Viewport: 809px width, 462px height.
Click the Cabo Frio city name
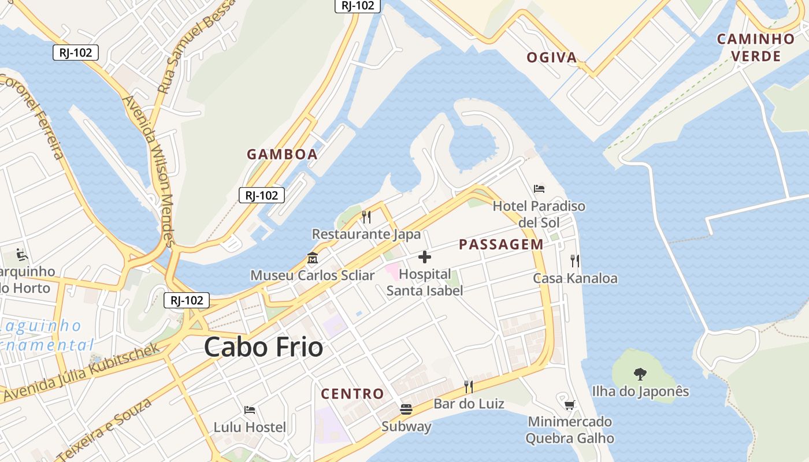click(264, 348)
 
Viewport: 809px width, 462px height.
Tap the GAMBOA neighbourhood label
click(282, 154)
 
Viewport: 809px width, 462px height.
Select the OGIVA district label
click(552, 57)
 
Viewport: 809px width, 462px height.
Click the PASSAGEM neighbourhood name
click(501, 244)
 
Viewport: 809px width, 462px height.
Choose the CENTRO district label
click(352, 394)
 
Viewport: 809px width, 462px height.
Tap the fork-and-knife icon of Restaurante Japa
click(366, 217)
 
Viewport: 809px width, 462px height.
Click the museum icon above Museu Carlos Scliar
click(313, 258)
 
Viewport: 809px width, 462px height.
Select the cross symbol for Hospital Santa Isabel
click(425, 256)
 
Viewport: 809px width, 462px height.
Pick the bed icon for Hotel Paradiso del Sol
click(539, 189)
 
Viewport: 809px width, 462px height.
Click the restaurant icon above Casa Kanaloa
click(575, 261)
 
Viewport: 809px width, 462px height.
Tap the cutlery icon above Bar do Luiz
click(469, 386)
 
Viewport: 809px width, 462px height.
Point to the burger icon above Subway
click(406, 409)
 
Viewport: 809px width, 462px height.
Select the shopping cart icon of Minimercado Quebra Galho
click(570, 404)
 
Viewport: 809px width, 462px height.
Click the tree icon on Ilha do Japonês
click(640, 374)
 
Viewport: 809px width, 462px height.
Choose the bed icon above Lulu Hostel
click(250, 410)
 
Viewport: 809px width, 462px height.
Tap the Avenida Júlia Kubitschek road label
click(81, 372)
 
